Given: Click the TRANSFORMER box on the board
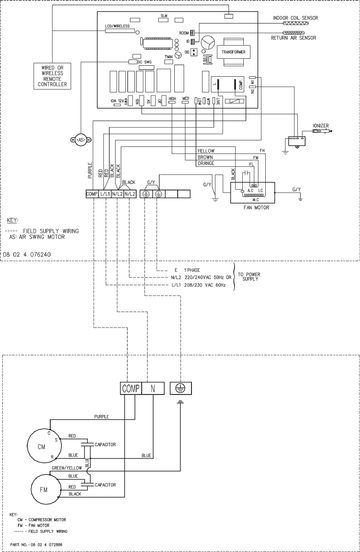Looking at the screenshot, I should click(233, 52).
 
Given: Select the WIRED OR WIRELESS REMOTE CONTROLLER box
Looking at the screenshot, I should click(52, 76).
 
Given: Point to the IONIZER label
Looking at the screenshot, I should click(321, 125).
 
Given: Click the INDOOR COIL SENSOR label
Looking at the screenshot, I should click(296, 18).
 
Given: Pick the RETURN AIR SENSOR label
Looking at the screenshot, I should click(293, 38).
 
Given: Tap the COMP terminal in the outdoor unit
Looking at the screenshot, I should click(131, 388).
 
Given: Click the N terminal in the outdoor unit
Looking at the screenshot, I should click(153, 388).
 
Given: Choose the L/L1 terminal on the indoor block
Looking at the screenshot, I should click(105, 194).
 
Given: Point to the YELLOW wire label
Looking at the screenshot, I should click(206, 151).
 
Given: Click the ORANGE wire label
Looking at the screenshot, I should click(206, 163).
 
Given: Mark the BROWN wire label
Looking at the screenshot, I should click(205, 157).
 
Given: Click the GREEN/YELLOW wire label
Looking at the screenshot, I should click(67, 469).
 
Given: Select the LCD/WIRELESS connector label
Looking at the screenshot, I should click(117, 26).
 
